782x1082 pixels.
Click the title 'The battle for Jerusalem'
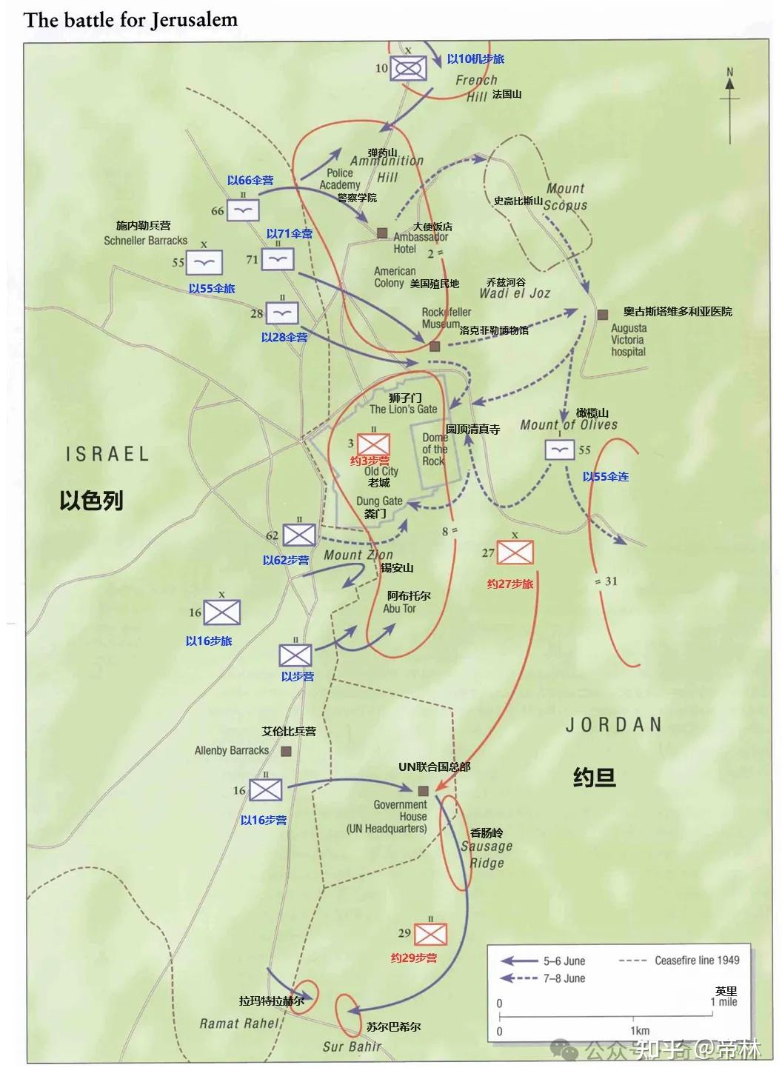(130, 20)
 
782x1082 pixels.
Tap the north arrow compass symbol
(729, 104)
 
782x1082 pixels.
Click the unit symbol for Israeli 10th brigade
(407, 68)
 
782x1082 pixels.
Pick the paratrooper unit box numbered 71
(278, 259)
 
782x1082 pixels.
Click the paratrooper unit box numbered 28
(281, 313)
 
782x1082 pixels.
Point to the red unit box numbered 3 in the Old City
(373, 444)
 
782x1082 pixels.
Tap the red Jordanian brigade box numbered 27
(515, 552)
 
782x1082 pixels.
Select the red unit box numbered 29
(430, 934)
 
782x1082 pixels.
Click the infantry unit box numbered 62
(298, 535)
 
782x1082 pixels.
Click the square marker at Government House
(424, 790)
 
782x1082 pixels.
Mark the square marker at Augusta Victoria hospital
(601, 314)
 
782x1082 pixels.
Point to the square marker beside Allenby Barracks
(286, 751)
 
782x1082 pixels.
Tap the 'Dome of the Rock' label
(435, 449)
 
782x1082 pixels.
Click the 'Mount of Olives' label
(568, 425)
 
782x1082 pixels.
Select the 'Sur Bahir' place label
(352, 1046)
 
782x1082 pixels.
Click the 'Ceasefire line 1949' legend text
(696, 960)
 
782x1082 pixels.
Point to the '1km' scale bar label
(640, 1030)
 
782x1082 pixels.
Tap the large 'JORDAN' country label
(613, 724)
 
